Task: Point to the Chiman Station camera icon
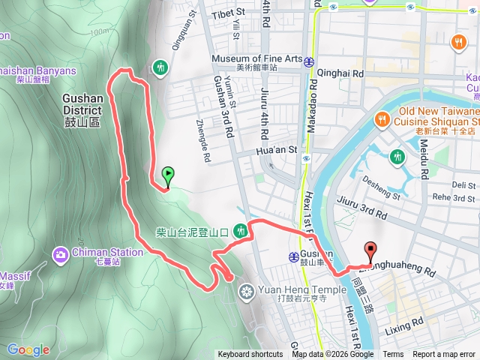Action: [x=60, y=255]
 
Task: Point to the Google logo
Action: [x=28, y=349]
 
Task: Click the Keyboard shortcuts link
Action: [x=250, y=355]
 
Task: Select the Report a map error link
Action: [x=444, y=355]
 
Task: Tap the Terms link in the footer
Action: [x=393, y=355]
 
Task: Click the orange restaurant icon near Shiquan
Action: [x=382, y=118]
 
